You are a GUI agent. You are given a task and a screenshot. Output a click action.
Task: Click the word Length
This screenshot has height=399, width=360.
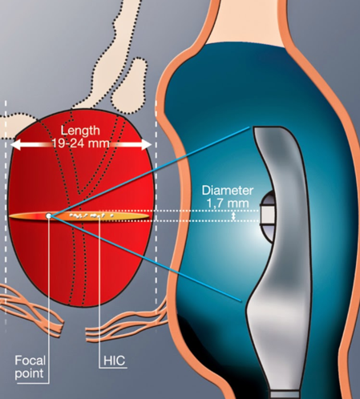tap(80, 131)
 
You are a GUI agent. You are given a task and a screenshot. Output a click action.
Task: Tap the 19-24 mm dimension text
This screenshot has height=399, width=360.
tap(80, 143)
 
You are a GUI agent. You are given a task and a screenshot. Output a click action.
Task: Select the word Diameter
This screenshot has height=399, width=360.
tap(228, 191)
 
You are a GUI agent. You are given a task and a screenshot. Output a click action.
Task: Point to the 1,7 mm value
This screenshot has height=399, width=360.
tap(228, 204)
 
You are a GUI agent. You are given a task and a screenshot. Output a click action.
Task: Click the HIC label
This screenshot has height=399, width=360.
tap(114, 361)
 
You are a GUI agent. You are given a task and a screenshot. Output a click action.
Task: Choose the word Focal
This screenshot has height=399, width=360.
tap(30, 361)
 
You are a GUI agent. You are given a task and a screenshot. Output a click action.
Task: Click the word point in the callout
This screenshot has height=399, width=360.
tap(29, 373)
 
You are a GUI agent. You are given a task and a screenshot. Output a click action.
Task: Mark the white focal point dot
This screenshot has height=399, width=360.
tap(48, 216)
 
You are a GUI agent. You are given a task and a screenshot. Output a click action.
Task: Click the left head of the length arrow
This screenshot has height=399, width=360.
tap(16, 144)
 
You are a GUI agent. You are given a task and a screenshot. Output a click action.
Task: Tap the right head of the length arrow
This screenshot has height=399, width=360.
tap(146, 144)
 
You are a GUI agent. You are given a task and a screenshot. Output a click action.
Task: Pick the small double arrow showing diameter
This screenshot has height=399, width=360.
tap(233, 216)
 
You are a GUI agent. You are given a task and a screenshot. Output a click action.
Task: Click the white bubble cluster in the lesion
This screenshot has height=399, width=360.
tap(91, 215)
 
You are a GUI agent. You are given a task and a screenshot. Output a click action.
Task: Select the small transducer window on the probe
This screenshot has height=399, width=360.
tap(268, 216)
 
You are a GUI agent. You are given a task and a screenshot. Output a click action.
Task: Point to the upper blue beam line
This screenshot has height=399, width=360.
tap(149, 171)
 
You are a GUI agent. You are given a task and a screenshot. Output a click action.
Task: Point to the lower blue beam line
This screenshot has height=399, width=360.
tap(145, 259)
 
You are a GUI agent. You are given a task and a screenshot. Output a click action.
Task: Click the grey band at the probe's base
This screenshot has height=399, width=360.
tap(284, 395)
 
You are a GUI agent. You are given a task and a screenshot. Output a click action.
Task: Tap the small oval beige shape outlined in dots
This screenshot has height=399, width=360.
tap(130, 86)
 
